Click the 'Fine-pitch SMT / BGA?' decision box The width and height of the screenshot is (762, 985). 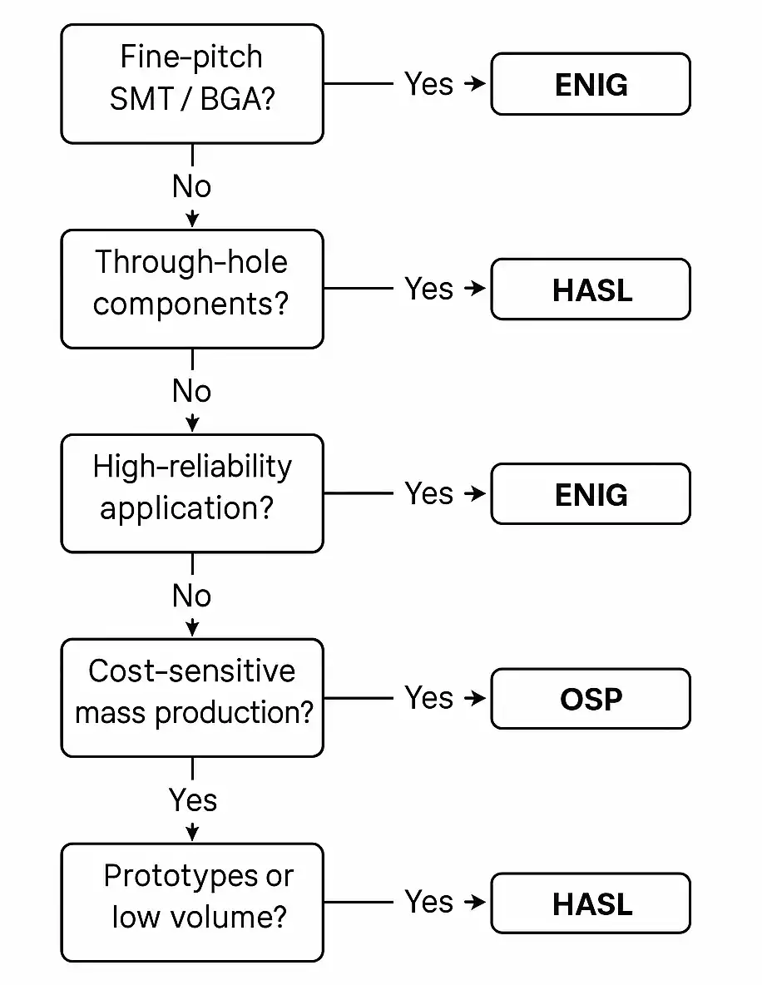[x=191, y=83]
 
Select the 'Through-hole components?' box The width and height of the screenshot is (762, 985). [x=191, y=288]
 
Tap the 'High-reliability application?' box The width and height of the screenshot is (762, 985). [x=191, y=492]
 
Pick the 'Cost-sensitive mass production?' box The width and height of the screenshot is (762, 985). [x=191, y=697]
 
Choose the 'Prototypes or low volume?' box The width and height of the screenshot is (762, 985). [x=191, y=902]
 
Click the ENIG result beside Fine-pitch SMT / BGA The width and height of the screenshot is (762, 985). [x=591, y=84]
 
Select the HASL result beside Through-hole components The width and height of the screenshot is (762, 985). [x=591, y=290]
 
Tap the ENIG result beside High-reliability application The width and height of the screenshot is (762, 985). [x=591, y=494]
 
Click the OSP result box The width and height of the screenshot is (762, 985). [x=591, y=699]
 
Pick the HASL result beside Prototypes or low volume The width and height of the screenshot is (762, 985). [x=591, y=903]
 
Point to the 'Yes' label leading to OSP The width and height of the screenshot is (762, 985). [x=428, y=698]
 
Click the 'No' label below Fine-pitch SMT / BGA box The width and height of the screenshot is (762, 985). [x=191, y=186]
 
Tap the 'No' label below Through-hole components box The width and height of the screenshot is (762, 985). [x=191, y=391]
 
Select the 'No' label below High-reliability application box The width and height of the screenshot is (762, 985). [x=191, y=596]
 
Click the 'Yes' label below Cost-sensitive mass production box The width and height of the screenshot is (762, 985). [x=193, y=800]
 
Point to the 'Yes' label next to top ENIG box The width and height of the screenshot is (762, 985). [x=428, y=84]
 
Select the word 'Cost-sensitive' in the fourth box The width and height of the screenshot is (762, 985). [x=191, y=671]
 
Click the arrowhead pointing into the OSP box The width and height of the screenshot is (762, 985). [x=477, y=698]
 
